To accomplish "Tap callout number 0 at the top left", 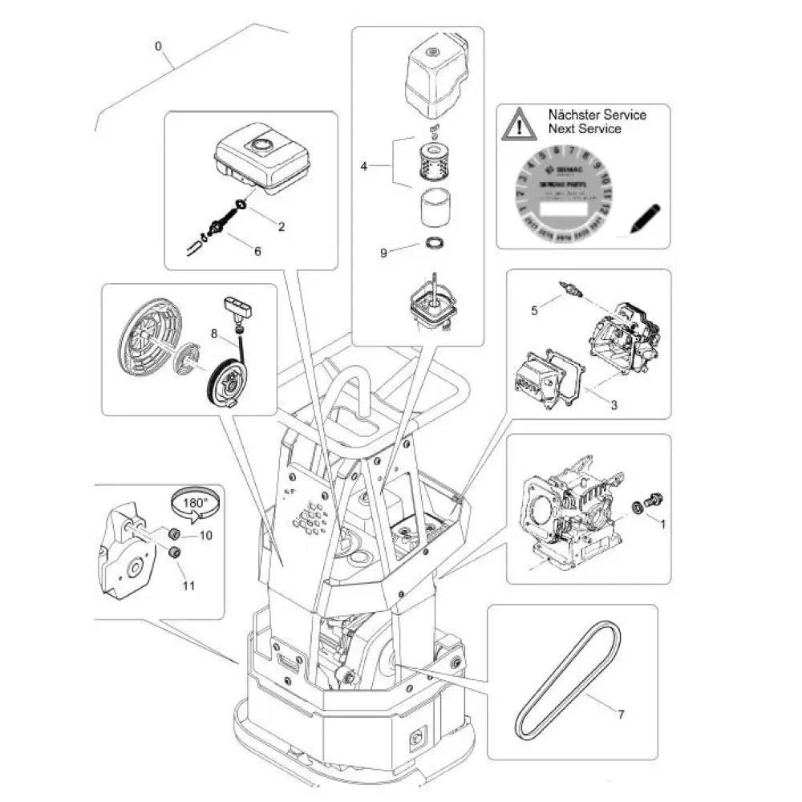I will pyautogui.click(x=159, y=46).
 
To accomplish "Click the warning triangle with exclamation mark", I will pyautogui.click(x=522, y=124).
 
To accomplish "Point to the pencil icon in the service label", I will pyautogui.click(x=645, y=217).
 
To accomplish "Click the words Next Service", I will pyautogui.click(x=585, y=128).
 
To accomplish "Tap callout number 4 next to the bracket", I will pyautogui.click(x=364, y=166).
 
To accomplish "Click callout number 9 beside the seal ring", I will pyautogui.click(x=384, y=253).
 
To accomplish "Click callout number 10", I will pyautogui.click(x=205, y=535).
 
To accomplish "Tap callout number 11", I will pyautogui.click(x=188, y=585).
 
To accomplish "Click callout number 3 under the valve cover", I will pyautogui.click(x=614, y=405).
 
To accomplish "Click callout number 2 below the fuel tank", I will pyautogui.click(x=281, y=227).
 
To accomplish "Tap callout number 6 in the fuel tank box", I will pyautogui.click(x=257, y=251).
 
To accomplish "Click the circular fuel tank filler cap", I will pyautogui.click(x=261, y=146).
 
